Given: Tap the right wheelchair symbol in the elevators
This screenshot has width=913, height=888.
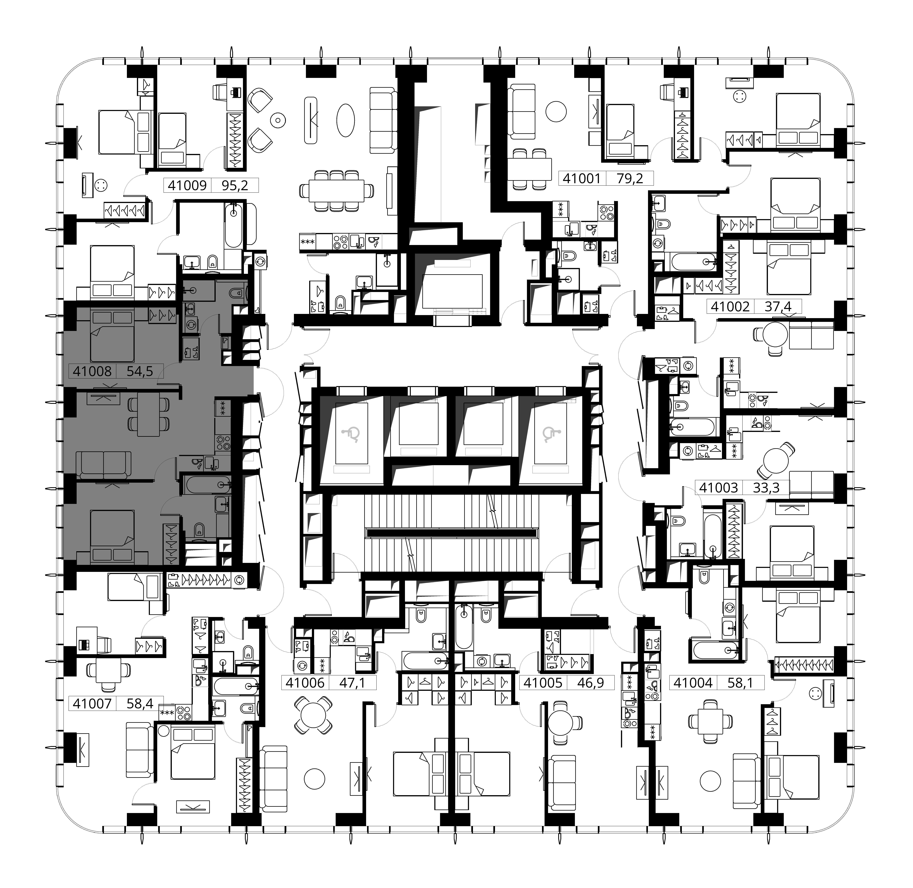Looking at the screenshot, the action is point(550,435).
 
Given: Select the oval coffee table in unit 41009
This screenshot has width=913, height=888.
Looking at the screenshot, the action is point(346,119).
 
